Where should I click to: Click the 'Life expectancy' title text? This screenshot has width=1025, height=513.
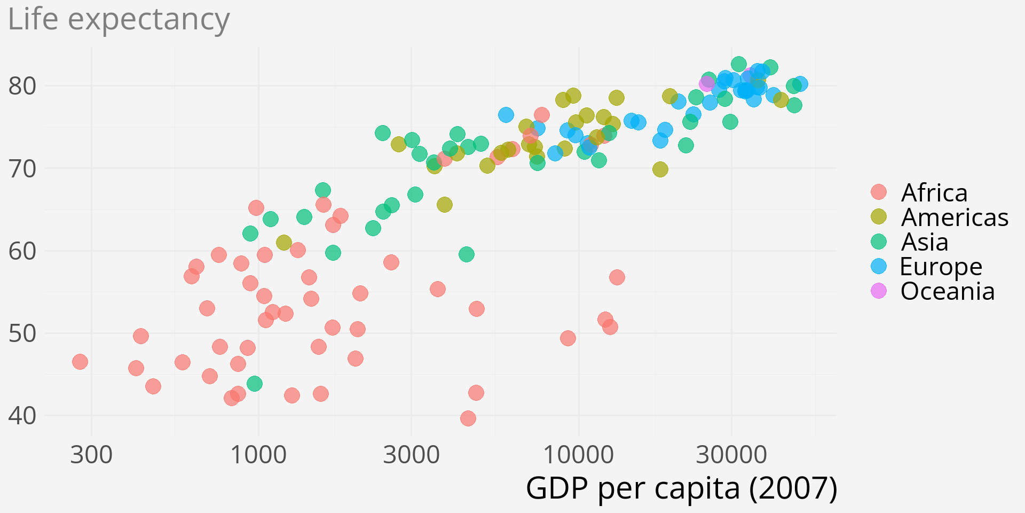(x=119, y=20)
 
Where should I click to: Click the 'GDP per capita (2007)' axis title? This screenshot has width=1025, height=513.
(x=681, y=488)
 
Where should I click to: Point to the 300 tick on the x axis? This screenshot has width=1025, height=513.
(x=91, y=455)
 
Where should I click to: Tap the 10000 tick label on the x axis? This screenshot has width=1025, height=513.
(x=578, y=455)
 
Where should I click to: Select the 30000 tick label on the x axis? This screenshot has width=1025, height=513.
(x=731, y=455)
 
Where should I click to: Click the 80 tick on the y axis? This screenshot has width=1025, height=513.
(x=22, y=86)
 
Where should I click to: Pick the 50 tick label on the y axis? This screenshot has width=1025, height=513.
(x=22, y=333)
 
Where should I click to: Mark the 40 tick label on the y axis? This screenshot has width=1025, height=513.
(x=22, y=416)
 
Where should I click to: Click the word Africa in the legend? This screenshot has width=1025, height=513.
(x=934, y=192)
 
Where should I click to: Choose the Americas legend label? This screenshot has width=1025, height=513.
(x=955, y=217)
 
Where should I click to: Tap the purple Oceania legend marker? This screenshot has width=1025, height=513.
(x=878, y=291)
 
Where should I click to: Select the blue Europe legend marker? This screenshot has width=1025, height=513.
(x=878, y=266)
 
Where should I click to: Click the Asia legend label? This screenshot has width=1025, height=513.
(x=925, y=242)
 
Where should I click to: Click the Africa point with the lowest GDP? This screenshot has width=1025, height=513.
(x=80, y=362)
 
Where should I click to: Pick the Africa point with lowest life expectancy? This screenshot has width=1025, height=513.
(x=468, y=418)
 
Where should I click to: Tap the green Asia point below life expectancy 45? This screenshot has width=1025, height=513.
(x=255, y=384)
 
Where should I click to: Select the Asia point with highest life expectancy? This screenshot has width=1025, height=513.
(x=738, y=64)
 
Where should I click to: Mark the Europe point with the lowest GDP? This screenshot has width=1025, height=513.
(x=506, y=115)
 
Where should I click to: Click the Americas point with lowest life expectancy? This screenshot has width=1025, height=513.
(x=284, y=243)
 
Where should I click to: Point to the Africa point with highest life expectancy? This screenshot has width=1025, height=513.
(x=541, y=115)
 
